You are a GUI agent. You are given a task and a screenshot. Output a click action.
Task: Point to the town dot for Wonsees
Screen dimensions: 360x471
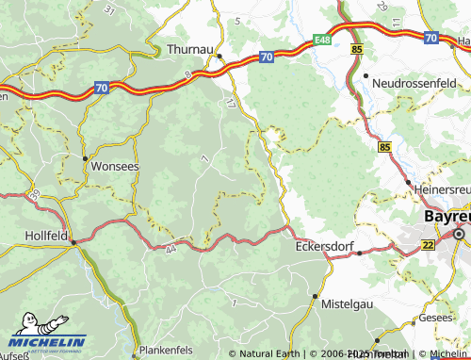(x=86, y=158)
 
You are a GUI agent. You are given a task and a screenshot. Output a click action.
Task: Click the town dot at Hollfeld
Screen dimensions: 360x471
(x=73, y=241)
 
